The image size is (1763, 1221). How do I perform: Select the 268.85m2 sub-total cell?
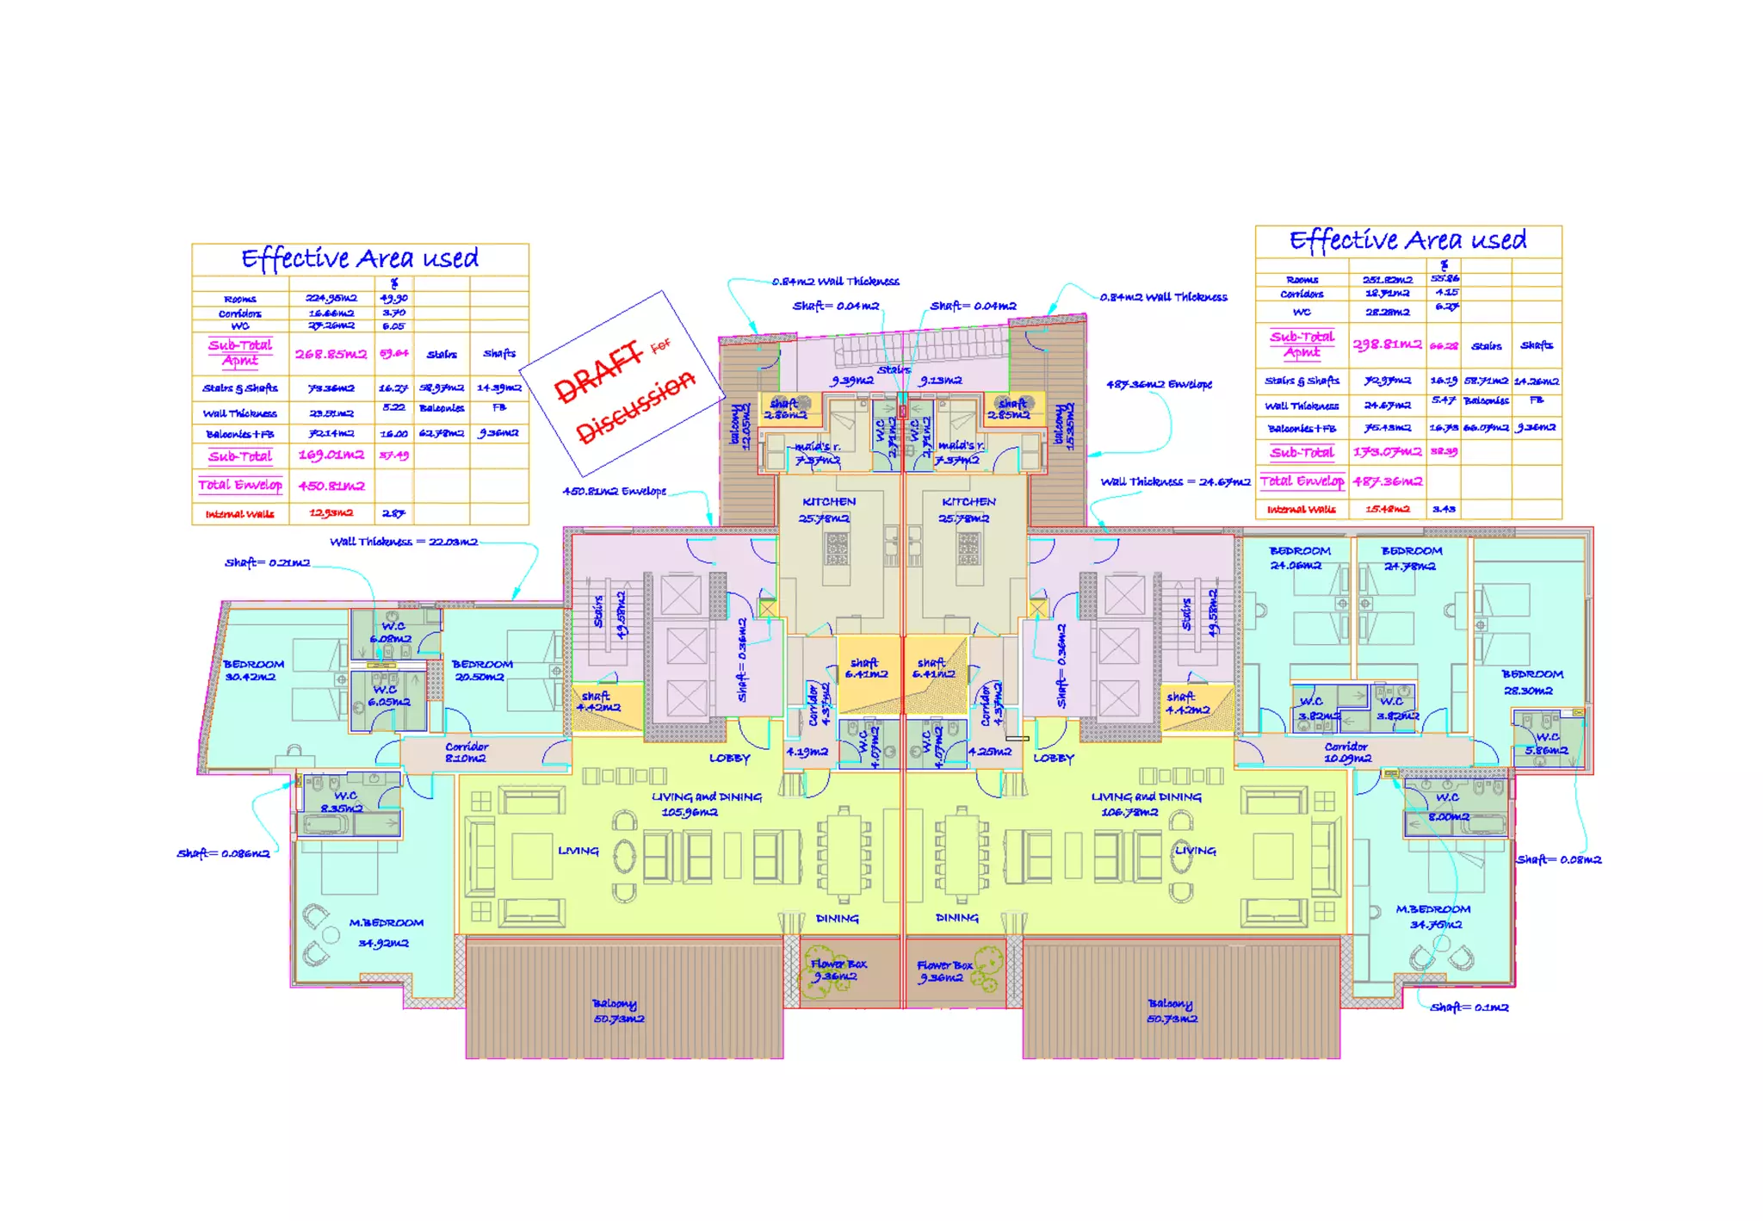pos(331,354)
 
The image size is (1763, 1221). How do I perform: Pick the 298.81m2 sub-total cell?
pos(1387,344)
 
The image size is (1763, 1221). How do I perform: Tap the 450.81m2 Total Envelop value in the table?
pos(331,486)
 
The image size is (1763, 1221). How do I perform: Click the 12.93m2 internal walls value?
pos(331,513)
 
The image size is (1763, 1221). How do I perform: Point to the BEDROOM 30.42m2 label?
pos(253,671)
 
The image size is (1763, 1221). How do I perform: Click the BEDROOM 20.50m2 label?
pos(482,671)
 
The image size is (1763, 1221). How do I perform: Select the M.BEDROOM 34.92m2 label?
pos(386,933)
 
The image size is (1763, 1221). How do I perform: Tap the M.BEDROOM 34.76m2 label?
pos(1433,917)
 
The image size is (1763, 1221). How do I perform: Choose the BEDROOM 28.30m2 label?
pos(1532,682)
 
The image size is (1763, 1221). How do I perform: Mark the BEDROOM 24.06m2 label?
pos(1299,558)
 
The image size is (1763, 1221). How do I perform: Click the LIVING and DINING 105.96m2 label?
pos(706,804)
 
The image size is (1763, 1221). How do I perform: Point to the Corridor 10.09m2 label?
pos(1347,753)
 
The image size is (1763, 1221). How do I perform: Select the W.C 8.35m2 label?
pos(344,802)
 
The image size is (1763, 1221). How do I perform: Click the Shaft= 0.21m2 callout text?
pos(267,563)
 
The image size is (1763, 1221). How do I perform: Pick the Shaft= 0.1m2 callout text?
pos(1469,1007)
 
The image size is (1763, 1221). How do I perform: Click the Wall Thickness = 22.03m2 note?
pos(404,542)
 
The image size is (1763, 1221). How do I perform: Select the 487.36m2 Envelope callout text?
pos(1159,384)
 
